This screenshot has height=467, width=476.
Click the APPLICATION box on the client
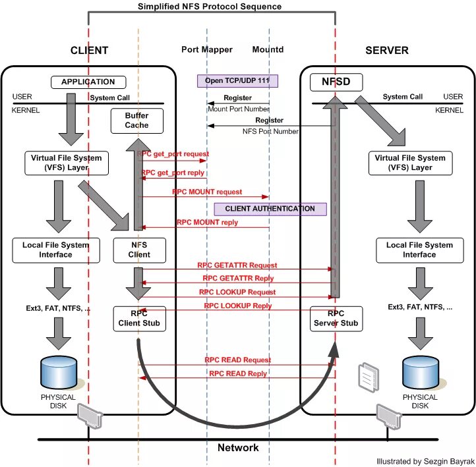88,82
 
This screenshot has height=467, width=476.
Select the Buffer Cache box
136,120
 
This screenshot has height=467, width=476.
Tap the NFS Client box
138,250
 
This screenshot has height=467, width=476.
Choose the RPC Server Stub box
336,318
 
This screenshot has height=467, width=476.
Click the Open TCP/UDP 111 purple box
237,81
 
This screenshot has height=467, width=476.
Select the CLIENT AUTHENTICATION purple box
270,209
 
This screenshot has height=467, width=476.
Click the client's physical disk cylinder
59,373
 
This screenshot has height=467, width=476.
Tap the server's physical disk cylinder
420,373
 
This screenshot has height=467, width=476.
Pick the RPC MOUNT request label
207,192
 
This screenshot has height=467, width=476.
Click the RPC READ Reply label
238,373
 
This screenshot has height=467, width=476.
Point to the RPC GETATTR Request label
237,265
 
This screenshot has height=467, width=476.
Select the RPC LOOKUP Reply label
237,306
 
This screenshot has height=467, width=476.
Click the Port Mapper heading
206,50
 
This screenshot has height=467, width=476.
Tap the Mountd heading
268,50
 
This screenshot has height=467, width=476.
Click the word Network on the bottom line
238,448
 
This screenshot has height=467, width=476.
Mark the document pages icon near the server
367,375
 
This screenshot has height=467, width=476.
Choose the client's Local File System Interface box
56,250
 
